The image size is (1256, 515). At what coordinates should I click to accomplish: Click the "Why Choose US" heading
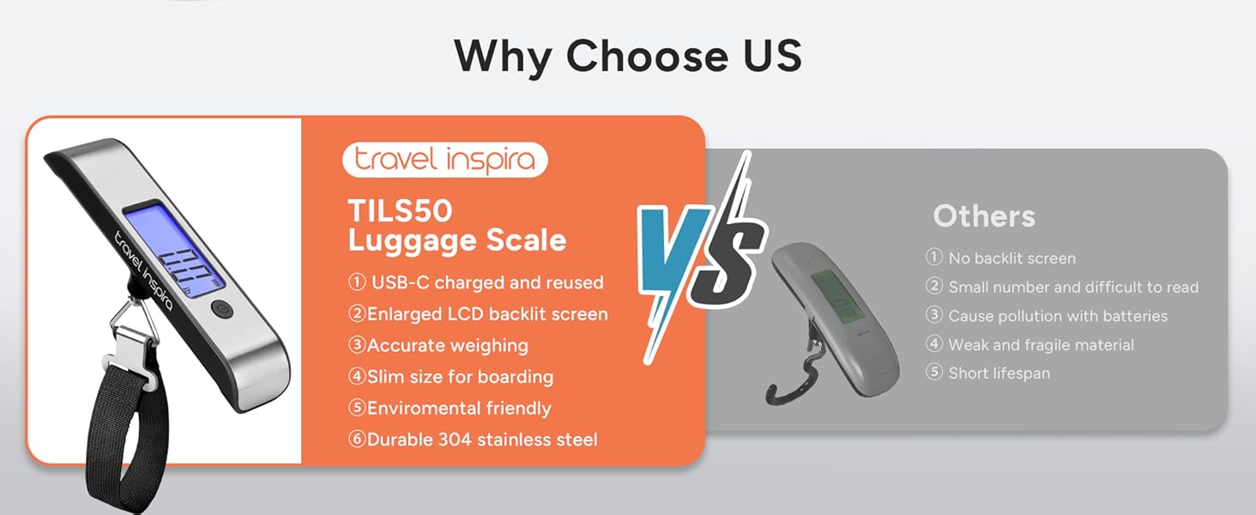[x=627, y=56]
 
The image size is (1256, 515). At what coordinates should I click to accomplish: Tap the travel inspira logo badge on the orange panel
[x=444, y=160]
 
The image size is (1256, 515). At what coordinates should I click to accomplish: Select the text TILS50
[x=400, y=211]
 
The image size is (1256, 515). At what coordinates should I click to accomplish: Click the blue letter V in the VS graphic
[x=673, y=249]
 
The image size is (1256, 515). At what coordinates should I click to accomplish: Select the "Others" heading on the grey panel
[x=984, y=216]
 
